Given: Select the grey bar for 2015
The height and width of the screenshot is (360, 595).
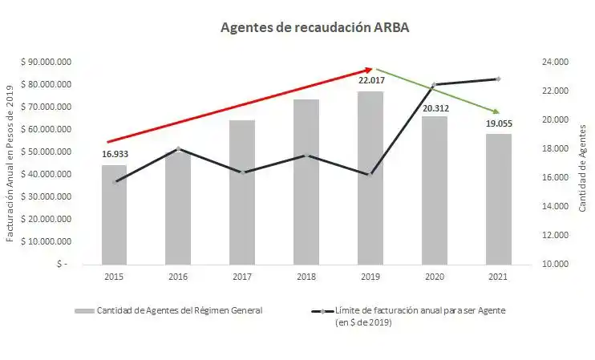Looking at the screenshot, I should (114, 214).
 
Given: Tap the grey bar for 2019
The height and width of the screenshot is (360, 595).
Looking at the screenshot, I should (370, 177).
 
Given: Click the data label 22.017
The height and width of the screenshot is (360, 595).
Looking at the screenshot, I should (370, 81).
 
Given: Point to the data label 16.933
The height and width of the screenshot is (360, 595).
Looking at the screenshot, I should (115, 154).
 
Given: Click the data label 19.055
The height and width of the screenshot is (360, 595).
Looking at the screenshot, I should (498, 124).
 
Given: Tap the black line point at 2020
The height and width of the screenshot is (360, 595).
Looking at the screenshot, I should (435, 85).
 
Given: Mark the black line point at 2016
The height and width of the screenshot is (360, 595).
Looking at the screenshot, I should (178, 148).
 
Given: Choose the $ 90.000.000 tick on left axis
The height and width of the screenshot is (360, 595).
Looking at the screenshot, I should (49, 62).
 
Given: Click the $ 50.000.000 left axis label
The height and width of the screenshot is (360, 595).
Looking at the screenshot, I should (49, 152).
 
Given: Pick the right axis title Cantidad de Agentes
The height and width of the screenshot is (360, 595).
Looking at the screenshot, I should (582, 168).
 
